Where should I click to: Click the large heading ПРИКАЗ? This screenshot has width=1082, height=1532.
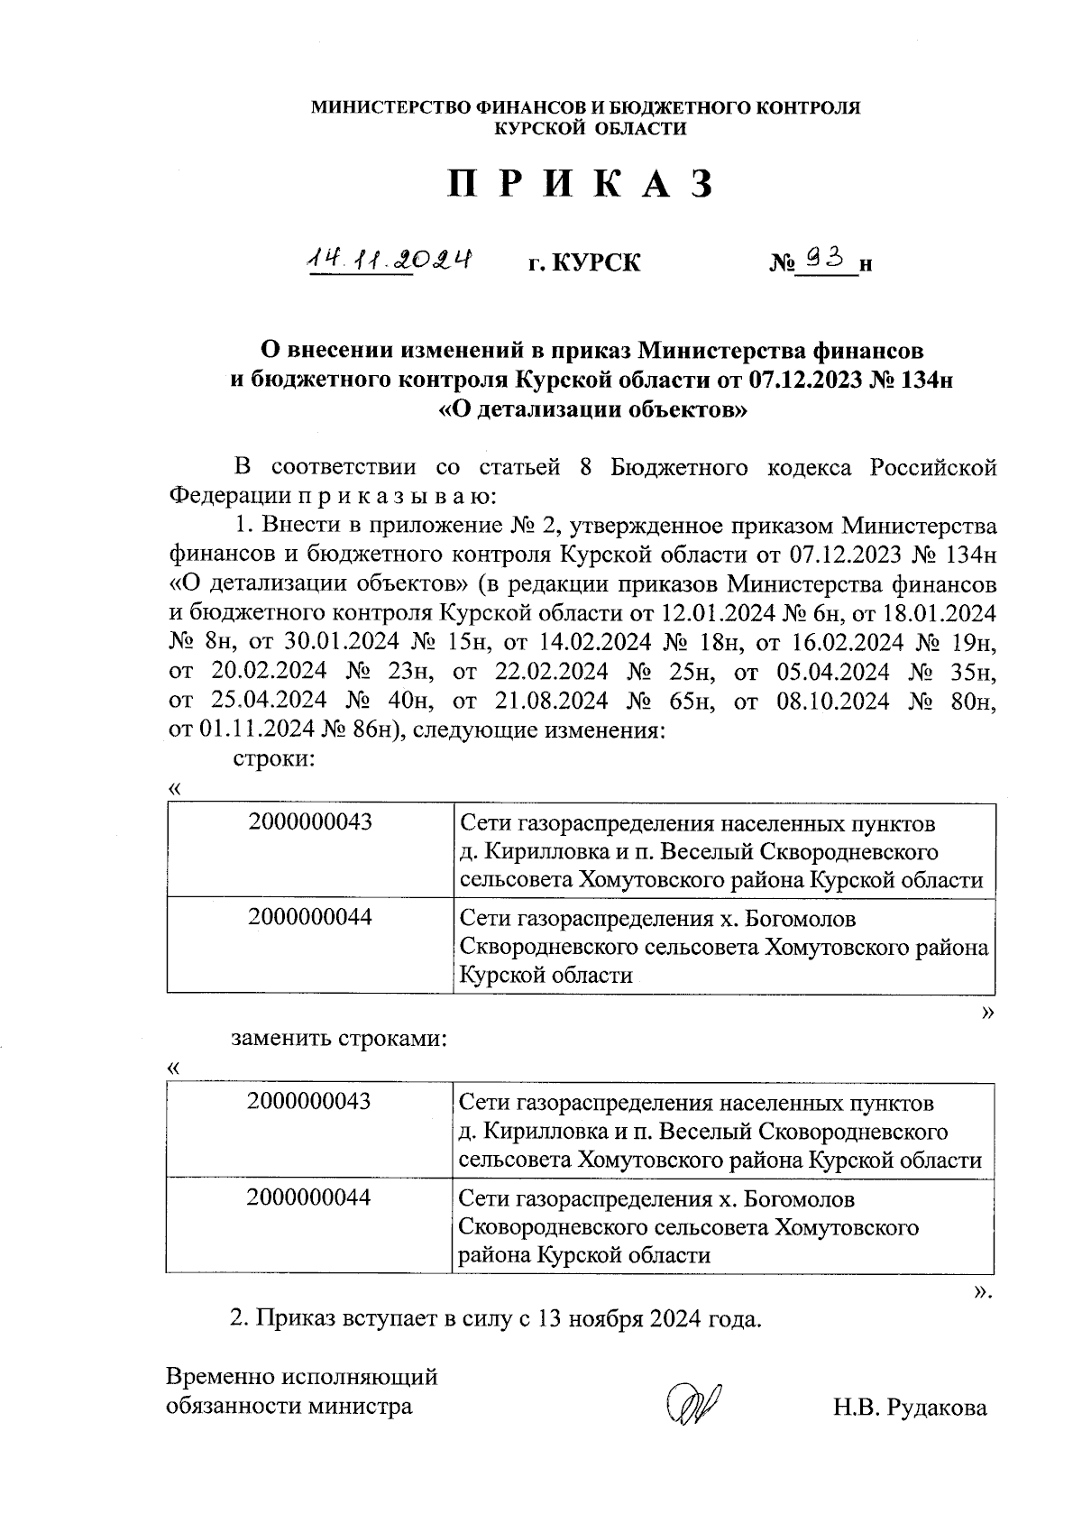pyautogui.click(x=582, y=184)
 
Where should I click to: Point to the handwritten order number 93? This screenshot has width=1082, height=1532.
pyautogui.click(x=826, y=260)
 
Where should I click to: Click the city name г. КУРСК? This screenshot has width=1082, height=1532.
pyautogui.click(x=584, y=263)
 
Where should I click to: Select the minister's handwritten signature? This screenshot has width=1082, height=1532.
pyautogui.click(x=692, y=1404)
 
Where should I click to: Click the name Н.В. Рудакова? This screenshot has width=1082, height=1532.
pyautogui.click(x=910, y=1408)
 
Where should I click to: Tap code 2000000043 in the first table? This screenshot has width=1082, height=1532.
pyautogui.click(x=310, y=822)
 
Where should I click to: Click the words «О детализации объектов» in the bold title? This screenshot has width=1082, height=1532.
pyautogui.click(x=592, y=410)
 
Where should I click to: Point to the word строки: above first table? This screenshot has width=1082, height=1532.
pyautogui.click(x=273, y=758)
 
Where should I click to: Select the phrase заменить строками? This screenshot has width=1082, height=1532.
pyautogui.click(x=339, y=1038)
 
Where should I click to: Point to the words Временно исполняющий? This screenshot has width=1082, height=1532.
pyautogui.click(x=302, y=1377)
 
